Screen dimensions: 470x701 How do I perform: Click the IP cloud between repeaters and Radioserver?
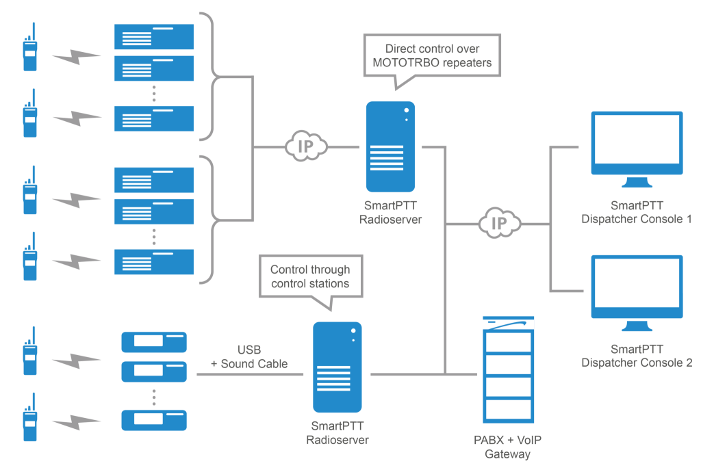pyautogui.click(x=305, y=146)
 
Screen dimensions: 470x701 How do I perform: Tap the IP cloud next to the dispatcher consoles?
pyautogui.click(x=499, y=224)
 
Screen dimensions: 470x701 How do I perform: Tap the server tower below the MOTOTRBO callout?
pyautogui.click(x=390, y=147)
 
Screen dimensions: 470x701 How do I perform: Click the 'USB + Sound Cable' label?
pyautogui.click(x=248, y=356)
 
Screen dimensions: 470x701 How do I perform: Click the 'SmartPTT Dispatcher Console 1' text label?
pyautogui.click(x=637, y=212)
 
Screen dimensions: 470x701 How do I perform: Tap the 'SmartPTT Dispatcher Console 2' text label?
pyautogui.click(x=637, y=356)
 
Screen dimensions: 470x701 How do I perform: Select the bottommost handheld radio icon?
pyautogui.click(x=29, y=417)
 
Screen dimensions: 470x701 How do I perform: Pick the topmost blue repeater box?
pyautogui.click(x=155, y=37)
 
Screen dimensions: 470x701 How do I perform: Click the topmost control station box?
pyautogui.click(x=154, y=341)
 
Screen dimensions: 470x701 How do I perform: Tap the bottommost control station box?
pyautogui.click(x=154, y=418)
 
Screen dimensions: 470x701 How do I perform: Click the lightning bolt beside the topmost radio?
pyautogui.click(x=77, y=57)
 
